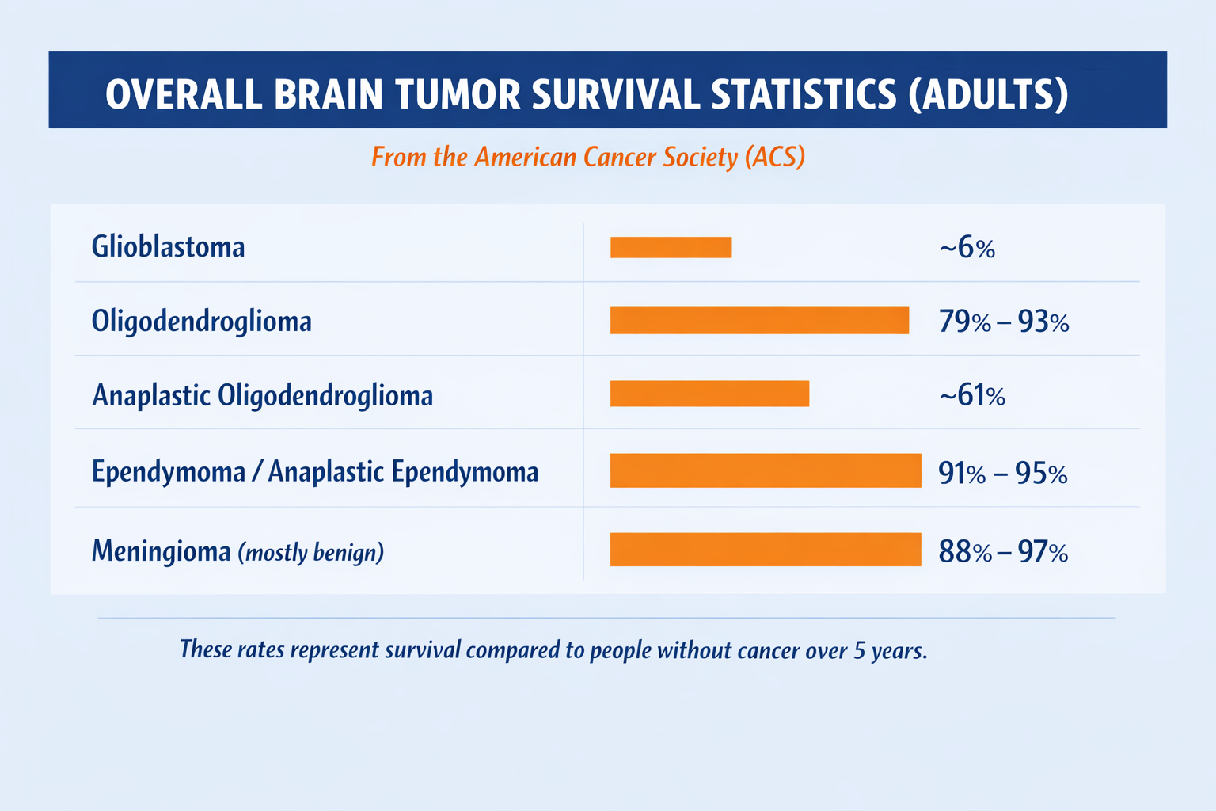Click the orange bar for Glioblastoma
671,247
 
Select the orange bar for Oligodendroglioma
759,320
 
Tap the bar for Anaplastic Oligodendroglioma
709,394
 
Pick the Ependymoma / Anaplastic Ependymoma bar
766,470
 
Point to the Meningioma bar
766,549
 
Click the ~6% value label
967,248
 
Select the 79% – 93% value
1004,322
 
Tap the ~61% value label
972,395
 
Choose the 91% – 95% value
1003,473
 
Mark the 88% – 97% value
1003,552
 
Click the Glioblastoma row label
169,246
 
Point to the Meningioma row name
161,550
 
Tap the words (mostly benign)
311,553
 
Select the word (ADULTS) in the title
989,95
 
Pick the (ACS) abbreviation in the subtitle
775,157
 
